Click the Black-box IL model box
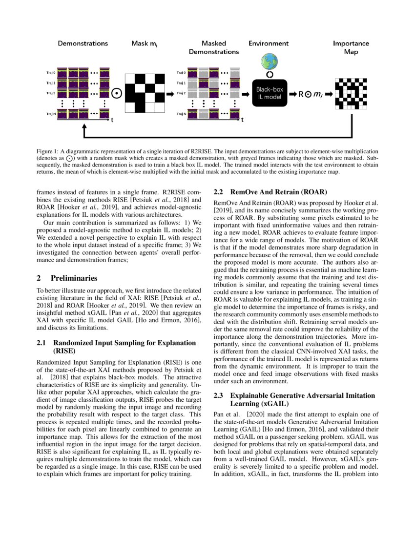point(270,93)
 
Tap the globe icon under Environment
point(269,62)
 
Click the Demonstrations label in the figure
point(83,43)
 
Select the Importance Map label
point(351,47)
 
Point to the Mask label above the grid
point(144,43)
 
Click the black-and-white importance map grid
point(352,93)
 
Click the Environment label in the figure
point(269,43)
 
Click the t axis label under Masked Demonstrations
point(243,120)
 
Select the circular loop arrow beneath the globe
point(269,74)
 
